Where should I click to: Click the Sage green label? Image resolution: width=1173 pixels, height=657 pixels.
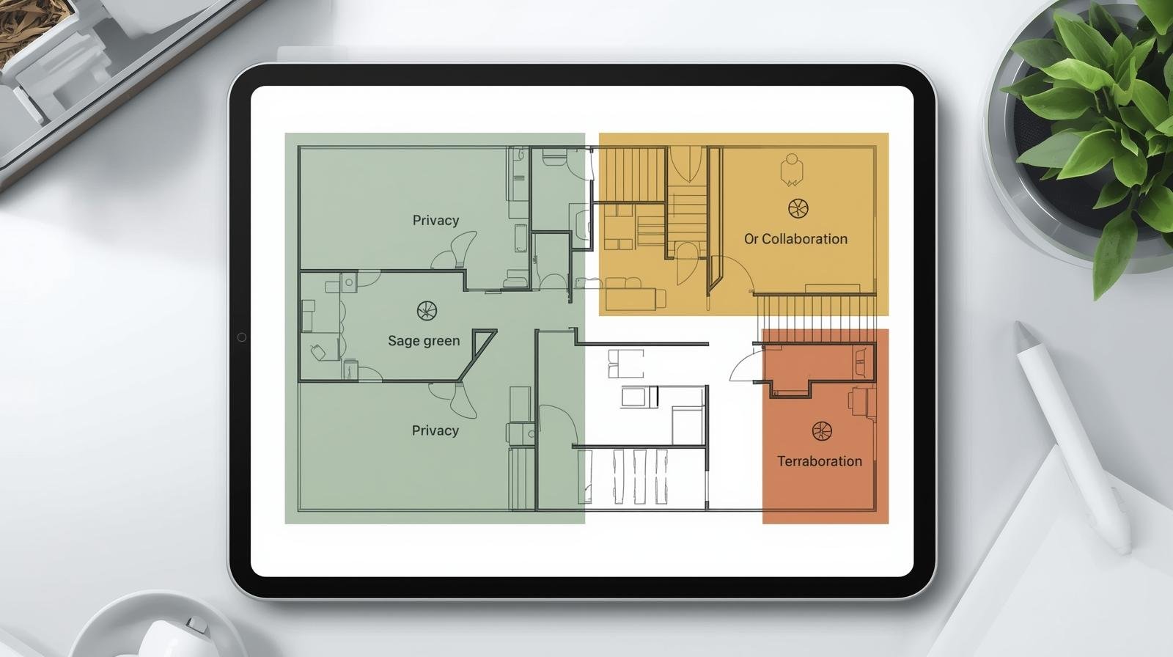click(424, 341)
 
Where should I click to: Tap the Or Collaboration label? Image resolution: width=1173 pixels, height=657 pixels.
click(795, 239)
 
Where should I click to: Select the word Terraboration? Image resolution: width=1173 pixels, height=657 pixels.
click(820, 461)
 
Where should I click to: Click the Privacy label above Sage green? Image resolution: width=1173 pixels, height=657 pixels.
click(435, 221)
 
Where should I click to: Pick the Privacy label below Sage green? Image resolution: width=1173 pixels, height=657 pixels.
click(435, 430)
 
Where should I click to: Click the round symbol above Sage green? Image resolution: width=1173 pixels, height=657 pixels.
click(427, 311)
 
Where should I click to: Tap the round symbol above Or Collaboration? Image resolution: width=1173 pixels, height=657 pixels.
click(798, 208)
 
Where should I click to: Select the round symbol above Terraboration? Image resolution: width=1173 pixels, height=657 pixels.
click(822, 431)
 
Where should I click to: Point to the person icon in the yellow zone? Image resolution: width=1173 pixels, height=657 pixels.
click(791, 170)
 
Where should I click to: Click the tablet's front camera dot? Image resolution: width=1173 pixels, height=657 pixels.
click(241, 337)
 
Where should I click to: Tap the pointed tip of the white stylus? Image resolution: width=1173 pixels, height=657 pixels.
click(1018, 325)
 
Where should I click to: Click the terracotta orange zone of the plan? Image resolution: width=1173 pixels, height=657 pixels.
click(825, 426)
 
